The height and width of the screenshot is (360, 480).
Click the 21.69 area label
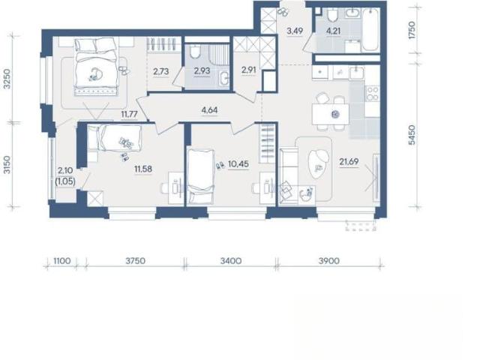tap(349, 161)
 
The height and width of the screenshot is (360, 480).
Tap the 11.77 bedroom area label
tap(129, 115)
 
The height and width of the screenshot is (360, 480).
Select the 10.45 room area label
tap(238, 164)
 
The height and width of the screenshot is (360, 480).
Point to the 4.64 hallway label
tap(210, 110)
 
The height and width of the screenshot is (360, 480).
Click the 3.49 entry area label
tap(295, 31)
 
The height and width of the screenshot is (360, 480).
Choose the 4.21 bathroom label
tap(333, 31)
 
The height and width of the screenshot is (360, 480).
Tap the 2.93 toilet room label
tap(202, 71)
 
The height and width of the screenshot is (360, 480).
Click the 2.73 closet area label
tap(161, 72)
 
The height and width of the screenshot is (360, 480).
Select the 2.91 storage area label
tap(248, 70)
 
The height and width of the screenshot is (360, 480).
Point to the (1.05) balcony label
tap(65, 181)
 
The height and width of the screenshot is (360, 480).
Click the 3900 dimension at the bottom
tap(329, 261)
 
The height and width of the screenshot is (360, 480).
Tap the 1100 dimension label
tap(62, 261)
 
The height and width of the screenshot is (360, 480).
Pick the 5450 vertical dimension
tap(412, 135)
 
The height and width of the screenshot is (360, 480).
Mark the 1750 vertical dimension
tap(412, 30)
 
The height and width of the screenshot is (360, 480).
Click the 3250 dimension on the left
tap(7, 79)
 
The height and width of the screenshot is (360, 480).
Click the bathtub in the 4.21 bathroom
tap(370, 29)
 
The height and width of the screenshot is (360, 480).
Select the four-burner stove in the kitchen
tap(373, 93)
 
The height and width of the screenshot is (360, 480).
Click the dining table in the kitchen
tap(330, 115)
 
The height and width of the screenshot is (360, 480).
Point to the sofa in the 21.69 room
tap(289, 175)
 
